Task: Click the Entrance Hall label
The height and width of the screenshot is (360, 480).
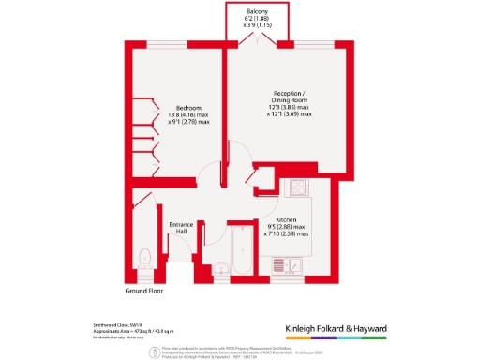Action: point(180,229)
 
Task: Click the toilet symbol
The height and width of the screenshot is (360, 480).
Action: point(144,257)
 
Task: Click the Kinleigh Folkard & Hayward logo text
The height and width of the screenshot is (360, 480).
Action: point(349,328)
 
